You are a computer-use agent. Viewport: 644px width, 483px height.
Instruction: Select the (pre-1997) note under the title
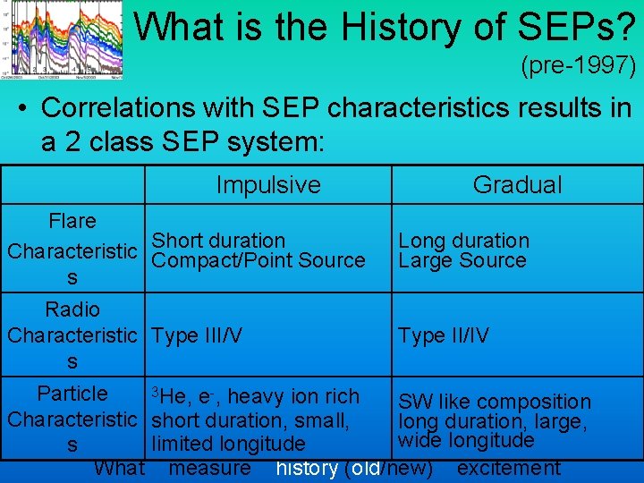pyautogui.click(x=577, y=66)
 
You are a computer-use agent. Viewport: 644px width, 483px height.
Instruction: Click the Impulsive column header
pyautogui.click(x=267, y=185)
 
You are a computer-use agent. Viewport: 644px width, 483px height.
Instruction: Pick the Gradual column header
pyautogui.click(x=517, y=185)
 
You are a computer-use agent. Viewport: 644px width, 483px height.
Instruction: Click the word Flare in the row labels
pyautogui.click(x=72, y=221)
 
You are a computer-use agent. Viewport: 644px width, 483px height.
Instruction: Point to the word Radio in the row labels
pyautogui.click(x=72, y=309)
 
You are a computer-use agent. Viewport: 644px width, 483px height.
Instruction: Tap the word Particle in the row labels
pyautogui.click(x=72, y=394)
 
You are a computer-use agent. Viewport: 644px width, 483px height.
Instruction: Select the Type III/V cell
pyautogui.click(x=198, y=335)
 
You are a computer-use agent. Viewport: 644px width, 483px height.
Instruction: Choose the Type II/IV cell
pyautogui.click(x=444, y=335)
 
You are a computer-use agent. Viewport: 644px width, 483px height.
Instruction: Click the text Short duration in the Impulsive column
pyautogui.click(x=218, y=241)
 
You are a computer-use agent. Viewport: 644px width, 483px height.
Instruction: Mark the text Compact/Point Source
pyautogui.click(x=258, y=261)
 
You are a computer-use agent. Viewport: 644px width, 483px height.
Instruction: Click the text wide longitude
pyautogui.click(x=466, y=440)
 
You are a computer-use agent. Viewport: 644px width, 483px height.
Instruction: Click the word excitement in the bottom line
pyautogui.click(x=508, y=468)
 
